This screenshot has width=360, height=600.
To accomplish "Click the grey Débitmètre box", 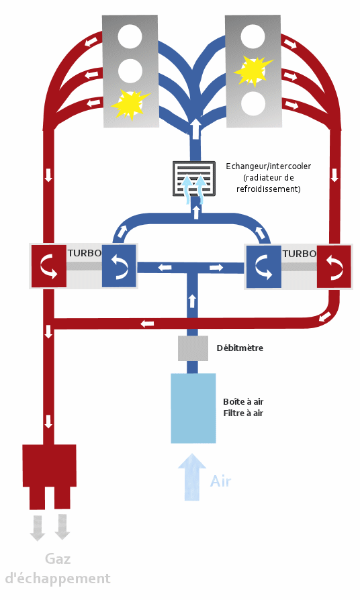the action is click(193, 348).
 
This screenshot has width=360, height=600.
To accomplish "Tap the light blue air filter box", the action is click(193, 408).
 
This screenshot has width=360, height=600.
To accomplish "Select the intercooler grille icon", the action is click(194, 179).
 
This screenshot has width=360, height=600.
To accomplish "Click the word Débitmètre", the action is click(240, 348).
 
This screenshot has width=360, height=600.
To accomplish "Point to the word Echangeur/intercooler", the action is click(268, 166).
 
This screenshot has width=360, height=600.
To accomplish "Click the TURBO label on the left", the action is click(84, 253).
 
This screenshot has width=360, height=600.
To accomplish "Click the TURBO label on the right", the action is click(300, 254).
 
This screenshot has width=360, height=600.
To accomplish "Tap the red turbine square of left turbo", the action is click(48, 266).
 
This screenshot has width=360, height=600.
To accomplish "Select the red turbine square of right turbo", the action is click(334, 266).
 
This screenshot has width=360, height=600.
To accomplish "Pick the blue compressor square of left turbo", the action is click(119, 266).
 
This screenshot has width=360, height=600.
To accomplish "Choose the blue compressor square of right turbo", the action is click(263, 266).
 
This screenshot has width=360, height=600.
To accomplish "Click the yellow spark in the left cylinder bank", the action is click(130, 104).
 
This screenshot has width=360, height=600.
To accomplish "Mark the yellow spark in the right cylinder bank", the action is click(253, 70).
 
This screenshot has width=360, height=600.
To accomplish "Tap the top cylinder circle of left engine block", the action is click(130, 37).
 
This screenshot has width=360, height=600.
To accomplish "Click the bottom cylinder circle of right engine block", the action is click(253, 104).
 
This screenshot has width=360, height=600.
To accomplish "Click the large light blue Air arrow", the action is click(192, 477).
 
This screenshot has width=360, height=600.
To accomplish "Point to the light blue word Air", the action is click(220, 481).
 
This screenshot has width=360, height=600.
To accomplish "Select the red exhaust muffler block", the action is click(50, 477).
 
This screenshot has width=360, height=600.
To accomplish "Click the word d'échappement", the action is click(58, 579).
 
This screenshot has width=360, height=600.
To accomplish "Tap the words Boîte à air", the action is click(243, 401).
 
